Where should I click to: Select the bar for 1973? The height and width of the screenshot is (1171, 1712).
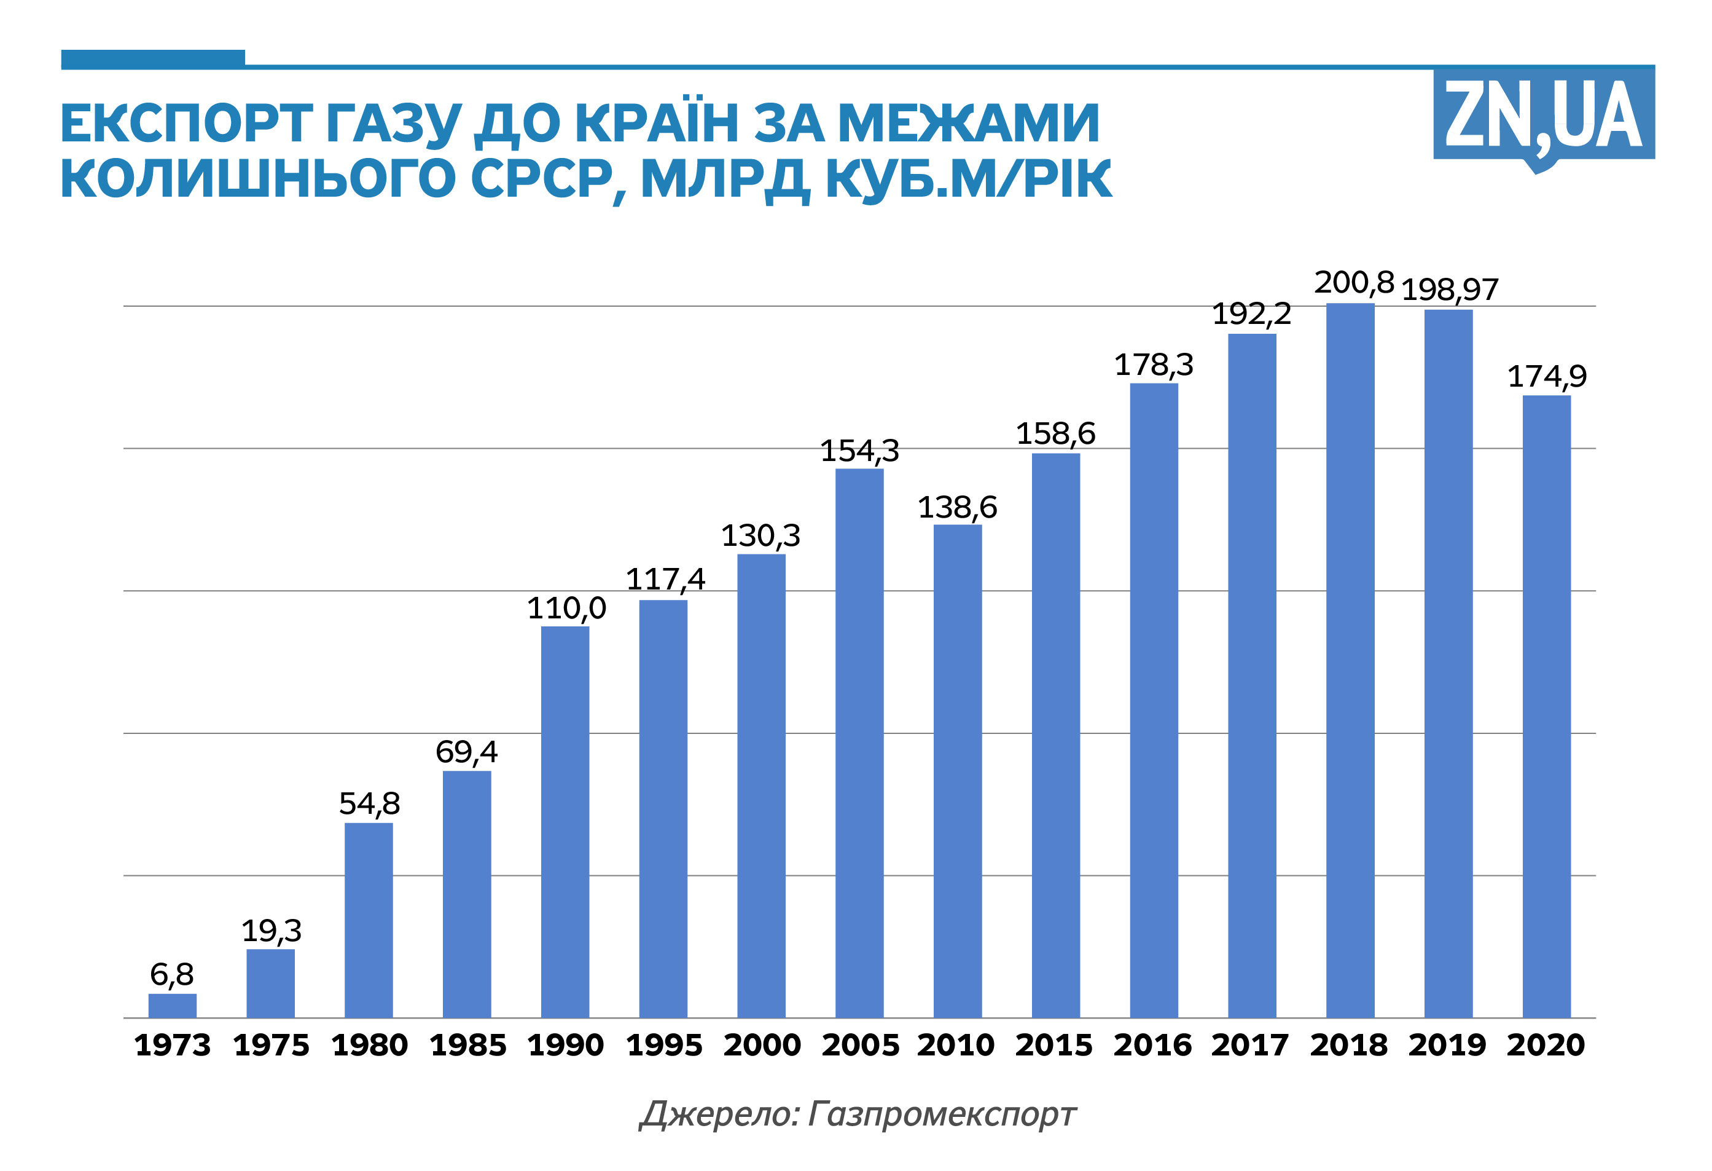173,1005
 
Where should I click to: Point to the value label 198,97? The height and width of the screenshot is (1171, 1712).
1449,290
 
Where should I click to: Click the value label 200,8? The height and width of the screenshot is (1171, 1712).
1354,283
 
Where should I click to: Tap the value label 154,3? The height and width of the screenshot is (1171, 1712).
859,451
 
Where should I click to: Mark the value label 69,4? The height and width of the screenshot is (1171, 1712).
466,752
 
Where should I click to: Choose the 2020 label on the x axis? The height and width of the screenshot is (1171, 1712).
1546,1045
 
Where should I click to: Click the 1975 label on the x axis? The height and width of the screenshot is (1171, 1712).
271,1045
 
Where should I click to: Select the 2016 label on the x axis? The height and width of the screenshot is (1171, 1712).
1152,1045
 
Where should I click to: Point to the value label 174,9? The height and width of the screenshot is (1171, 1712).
1546,377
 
